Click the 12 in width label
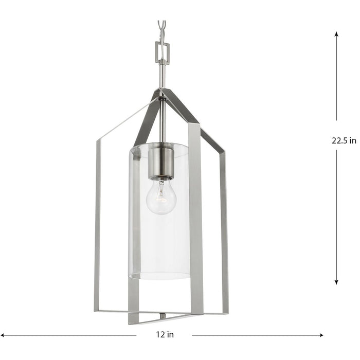click(x=165, y=334)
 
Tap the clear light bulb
click(x=160, y=198)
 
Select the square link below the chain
click(x=162, y=50)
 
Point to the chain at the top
click(x=162, y=28)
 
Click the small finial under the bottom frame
click(x=162, y=316)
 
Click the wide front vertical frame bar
click(x=195, y=216)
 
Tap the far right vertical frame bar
click(x=224, y=226)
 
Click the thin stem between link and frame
click(x=162, y=75)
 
